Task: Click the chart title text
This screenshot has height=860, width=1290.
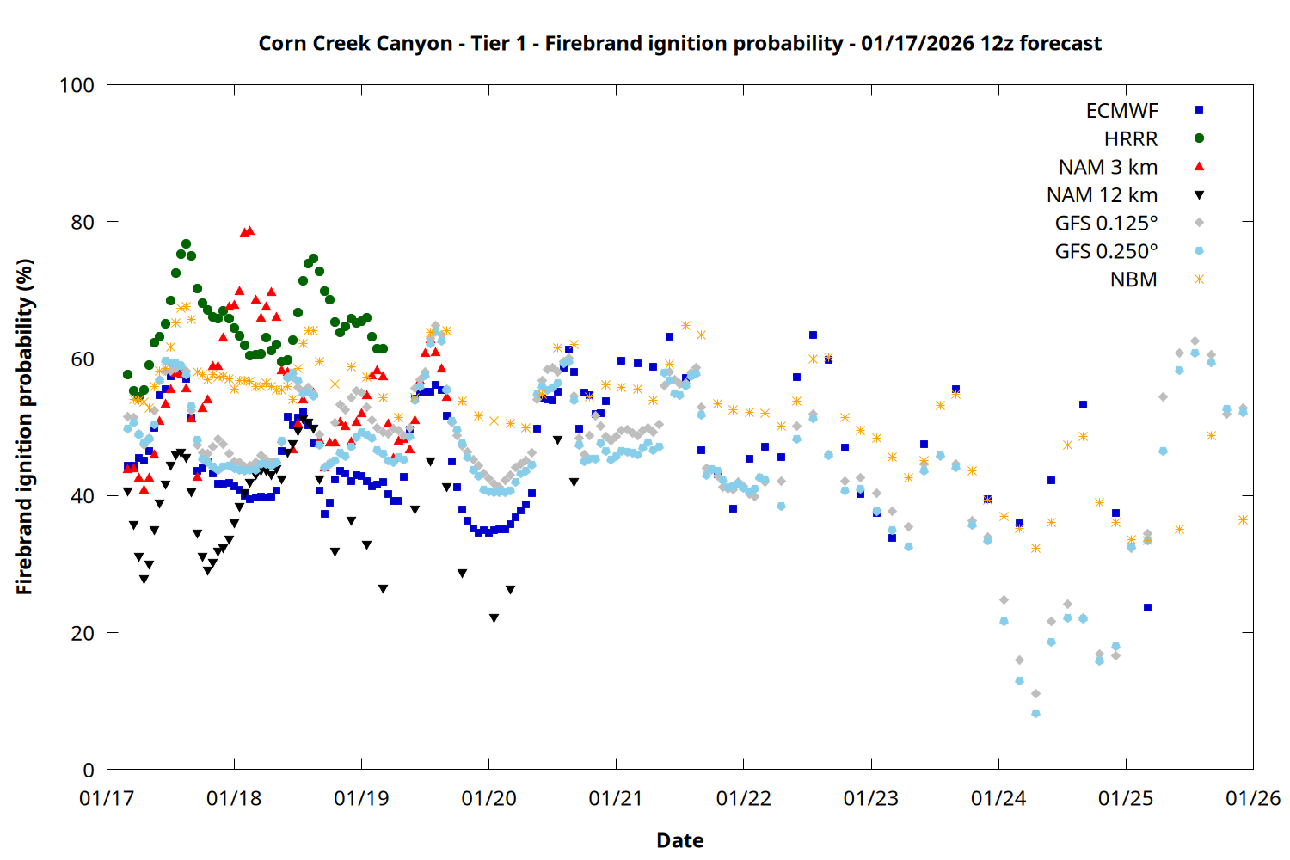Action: [679, 43]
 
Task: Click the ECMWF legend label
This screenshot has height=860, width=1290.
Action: [1121, 111]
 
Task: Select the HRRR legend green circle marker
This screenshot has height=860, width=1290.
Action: [1199, 138]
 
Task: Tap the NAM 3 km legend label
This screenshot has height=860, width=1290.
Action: [1108, 167]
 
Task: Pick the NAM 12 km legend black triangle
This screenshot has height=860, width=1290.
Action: [1199, 195]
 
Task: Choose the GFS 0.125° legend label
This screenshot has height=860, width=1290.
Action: [1106, 224]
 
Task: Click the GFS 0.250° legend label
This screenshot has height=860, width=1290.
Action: [1106, 252]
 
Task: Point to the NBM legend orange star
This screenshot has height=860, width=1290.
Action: [1199, 279]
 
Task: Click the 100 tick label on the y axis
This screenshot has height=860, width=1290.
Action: [77, 85]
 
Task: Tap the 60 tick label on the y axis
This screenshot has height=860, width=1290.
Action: [83, 359]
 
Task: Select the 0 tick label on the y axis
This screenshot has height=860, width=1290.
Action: [89, 770]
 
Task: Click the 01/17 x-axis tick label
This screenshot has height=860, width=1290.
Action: [107, 799]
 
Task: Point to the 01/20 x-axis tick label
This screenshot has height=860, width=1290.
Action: [488, 799]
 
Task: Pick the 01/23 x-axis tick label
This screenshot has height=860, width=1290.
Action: [871, 799]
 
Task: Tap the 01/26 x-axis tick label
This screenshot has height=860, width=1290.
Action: [1253, 799]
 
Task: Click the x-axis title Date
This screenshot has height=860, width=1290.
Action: [679, 840]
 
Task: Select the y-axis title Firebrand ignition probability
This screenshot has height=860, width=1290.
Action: [24, 427]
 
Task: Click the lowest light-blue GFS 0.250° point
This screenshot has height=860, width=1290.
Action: [1035, 714]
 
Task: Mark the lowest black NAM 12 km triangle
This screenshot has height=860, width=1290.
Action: [494, 618]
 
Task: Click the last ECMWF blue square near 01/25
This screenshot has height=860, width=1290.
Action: [1147, 608]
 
